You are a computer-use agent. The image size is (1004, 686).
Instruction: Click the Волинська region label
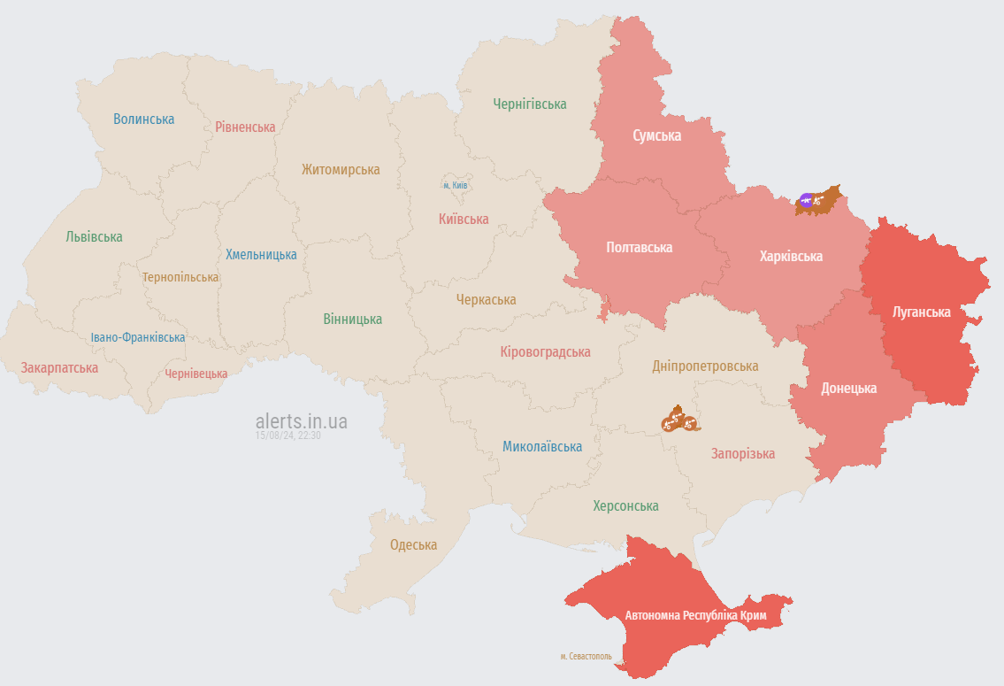pos(143,119)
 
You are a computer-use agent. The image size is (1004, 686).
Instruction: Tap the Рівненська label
pos(245,127)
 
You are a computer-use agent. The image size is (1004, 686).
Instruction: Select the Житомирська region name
pos(341,169)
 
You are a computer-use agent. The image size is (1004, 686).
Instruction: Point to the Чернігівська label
pos(530,104)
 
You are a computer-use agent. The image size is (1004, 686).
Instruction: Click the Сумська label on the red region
pos(656,135)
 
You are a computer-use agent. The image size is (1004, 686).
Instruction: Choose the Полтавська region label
pos(639,247)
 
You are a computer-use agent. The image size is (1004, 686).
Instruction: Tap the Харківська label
pos(791,256)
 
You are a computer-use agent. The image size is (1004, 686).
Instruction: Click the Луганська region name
pos(922,312)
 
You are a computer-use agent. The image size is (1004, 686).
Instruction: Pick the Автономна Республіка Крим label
pos(695,614)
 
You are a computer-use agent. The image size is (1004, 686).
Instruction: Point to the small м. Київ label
pos(455,185)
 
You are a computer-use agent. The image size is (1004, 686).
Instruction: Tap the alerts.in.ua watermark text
pos(301,420)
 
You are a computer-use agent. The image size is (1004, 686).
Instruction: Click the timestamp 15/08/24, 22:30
pos(288,435)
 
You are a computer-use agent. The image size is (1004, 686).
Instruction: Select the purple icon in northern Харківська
pos(806,200)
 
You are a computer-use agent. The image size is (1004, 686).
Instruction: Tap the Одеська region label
pos(413,544)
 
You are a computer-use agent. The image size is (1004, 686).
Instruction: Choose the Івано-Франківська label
pos(138,337)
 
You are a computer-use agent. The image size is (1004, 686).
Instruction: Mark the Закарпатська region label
pos(59,367)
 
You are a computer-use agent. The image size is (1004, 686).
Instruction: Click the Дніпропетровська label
pos(705,366)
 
